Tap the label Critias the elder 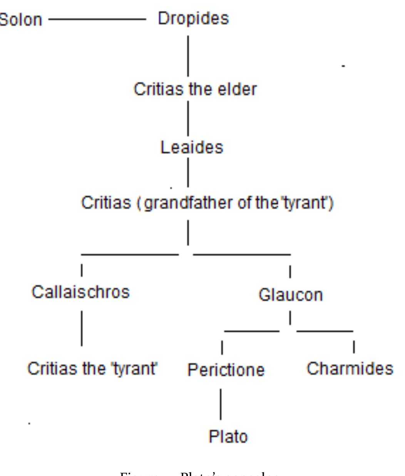195,89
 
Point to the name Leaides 192,147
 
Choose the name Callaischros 80,292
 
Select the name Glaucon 290,295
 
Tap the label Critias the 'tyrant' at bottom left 92,369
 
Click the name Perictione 226,370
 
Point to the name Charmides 350,369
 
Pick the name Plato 228,437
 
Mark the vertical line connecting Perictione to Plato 221,404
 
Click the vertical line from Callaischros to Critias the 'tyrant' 82,329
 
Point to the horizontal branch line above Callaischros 130,254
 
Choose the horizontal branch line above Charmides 325,331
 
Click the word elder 238,89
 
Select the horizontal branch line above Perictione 252,331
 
